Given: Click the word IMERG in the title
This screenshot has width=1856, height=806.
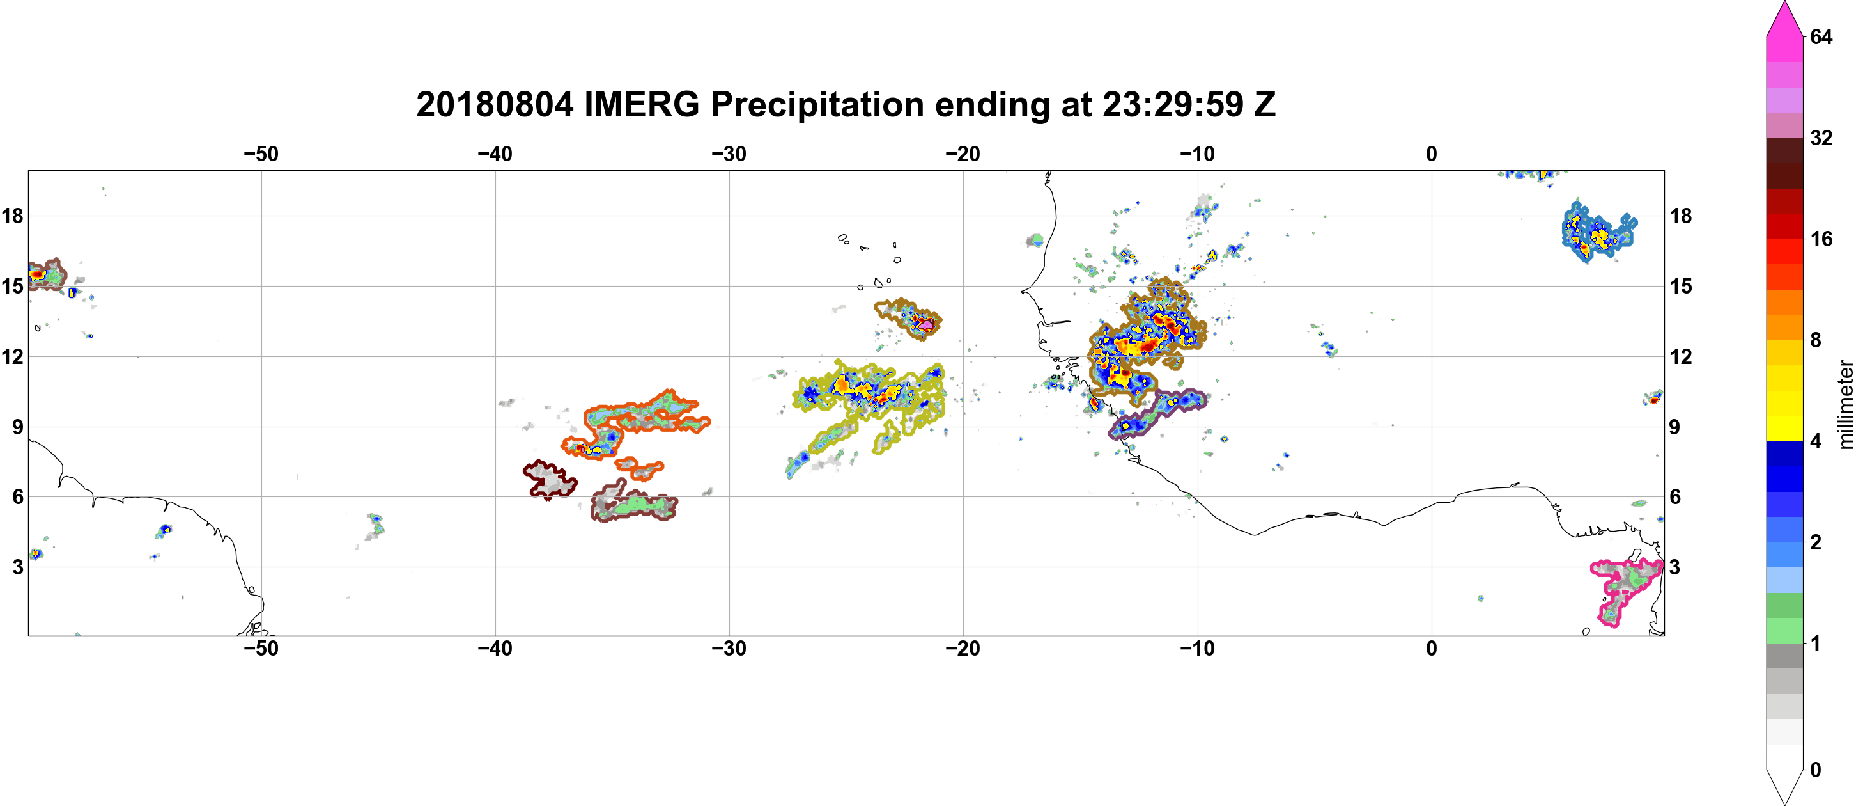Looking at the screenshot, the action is click(641, 104).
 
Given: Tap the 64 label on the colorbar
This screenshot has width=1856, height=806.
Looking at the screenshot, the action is click(1821, 36).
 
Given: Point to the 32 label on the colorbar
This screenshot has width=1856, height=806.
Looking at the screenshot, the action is click(1821, 138).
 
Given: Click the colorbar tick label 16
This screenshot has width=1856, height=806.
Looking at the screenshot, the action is click(1821, 239).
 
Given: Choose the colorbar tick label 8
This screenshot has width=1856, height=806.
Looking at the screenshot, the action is click(1816, 340).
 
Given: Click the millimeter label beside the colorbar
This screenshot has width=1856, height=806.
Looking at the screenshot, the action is click(1845, 404).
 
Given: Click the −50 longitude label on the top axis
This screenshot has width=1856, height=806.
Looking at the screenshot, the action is click(261, 154).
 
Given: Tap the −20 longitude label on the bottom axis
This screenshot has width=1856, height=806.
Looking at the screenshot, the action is click(963, 649).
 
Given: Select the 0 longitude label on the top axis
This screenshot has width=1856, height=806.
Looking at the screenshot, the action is click(1431, 154).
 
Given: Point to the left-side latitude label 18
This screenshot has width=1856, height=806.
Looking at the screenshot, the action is click(12, 216).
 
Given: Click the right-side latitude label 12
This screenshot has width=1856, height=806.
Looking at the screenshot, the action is click(1681, 356).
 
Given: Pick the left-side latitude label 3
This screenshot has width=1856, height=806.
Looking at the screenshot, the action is click(17, 567).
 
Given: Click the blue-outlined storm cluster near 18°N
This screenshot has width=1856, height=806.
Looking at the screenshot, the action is click(1595, 233).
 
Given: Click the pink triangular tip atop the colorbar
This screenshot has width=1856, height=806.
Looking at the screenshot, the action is click(1784, 18).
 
